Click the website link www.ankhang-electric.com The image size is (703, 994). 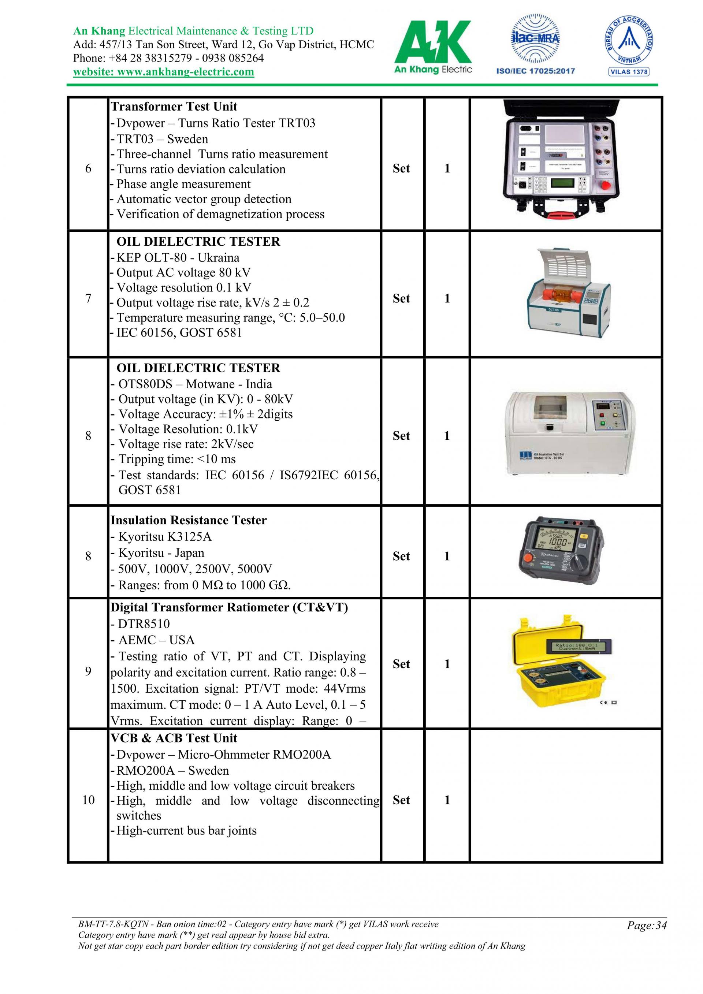point(163,72)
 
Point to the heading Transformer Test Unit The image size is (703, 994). point(174,107)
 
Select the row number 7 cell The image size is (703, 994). point(88,298)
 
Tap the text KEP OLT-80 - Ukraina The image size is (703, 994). point(178,258)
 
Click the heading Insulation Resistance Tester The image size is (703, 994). point(189,520)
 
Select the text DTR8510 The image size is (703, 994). point(144,624)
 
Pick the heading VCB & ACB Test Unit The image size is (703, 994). point(174,738)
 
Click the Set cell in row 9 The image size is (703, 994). point(401,664)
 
